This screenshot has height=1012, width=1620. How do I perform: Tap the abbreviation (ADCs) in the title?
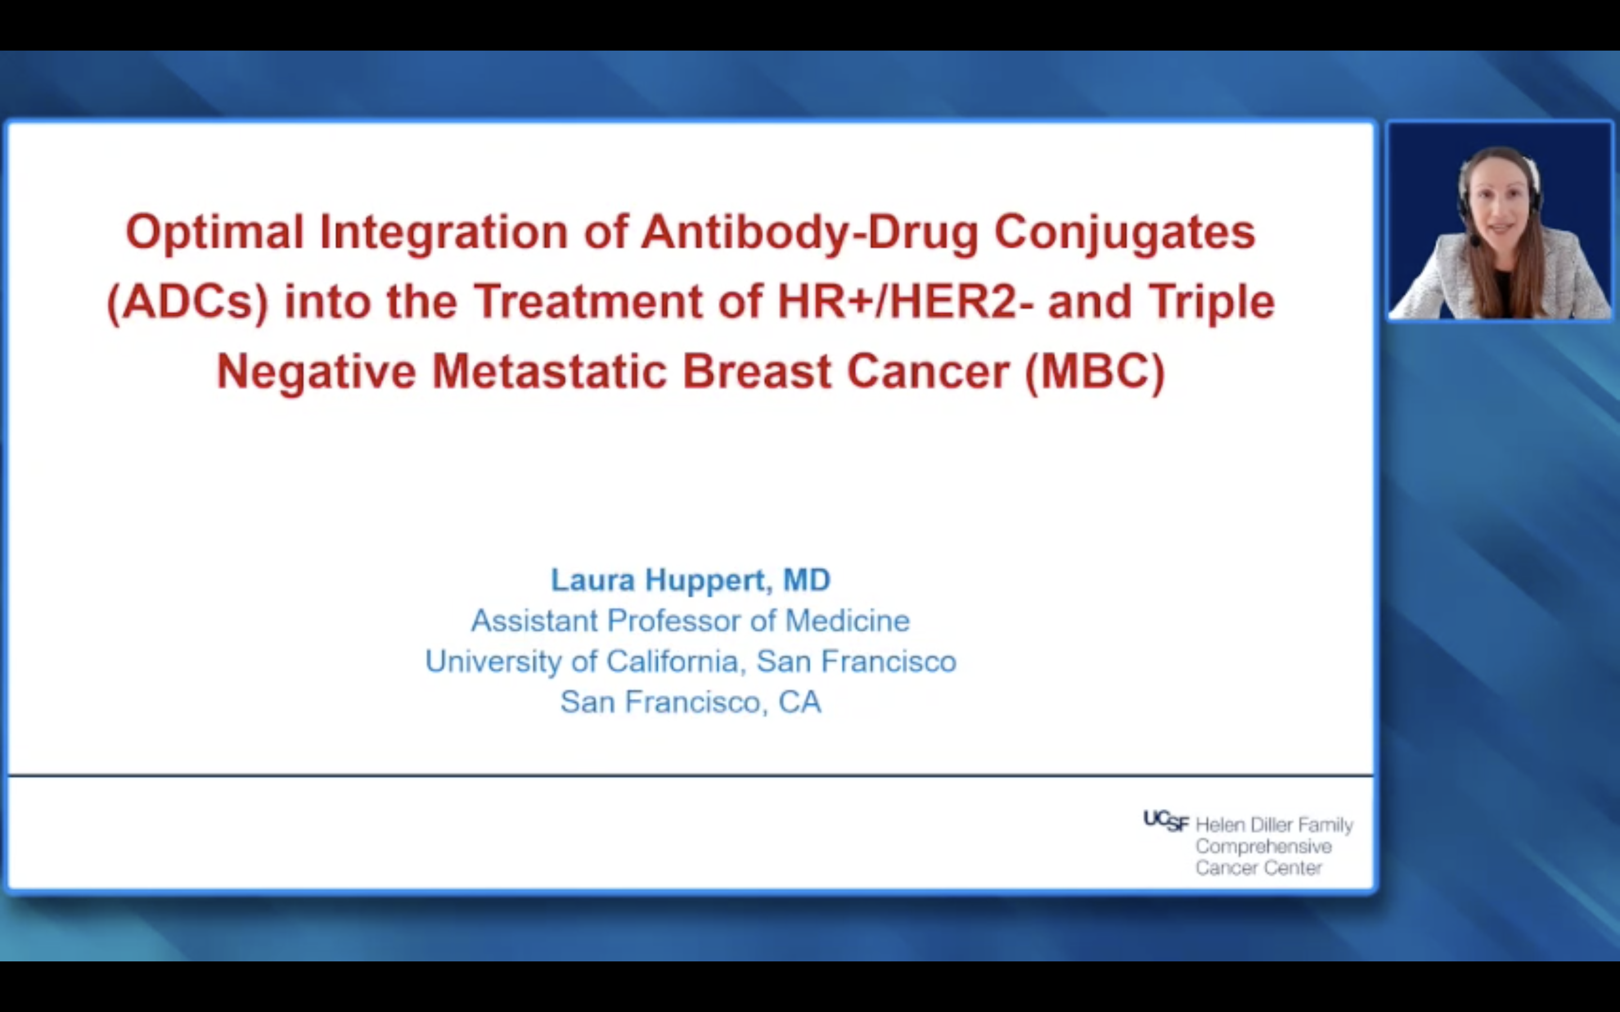(x=188, y=302)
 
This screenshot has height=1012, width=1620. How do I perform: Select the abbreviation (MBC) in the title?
(x=1095, y=372)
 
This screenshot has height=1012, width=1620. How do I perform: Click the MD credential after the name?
(x=807, y=580)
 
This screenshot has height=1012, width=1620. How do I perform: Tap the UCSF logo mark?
(x=1166, y=821)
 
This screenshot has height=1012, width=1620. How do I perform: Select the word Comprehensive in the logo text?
(x=1264, y=847)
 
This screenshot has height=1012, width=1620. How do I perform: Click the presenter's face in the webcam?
(x=1499, y=204)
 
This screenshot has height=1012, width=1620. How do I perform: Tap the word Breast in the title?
(x=757, y=371)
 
